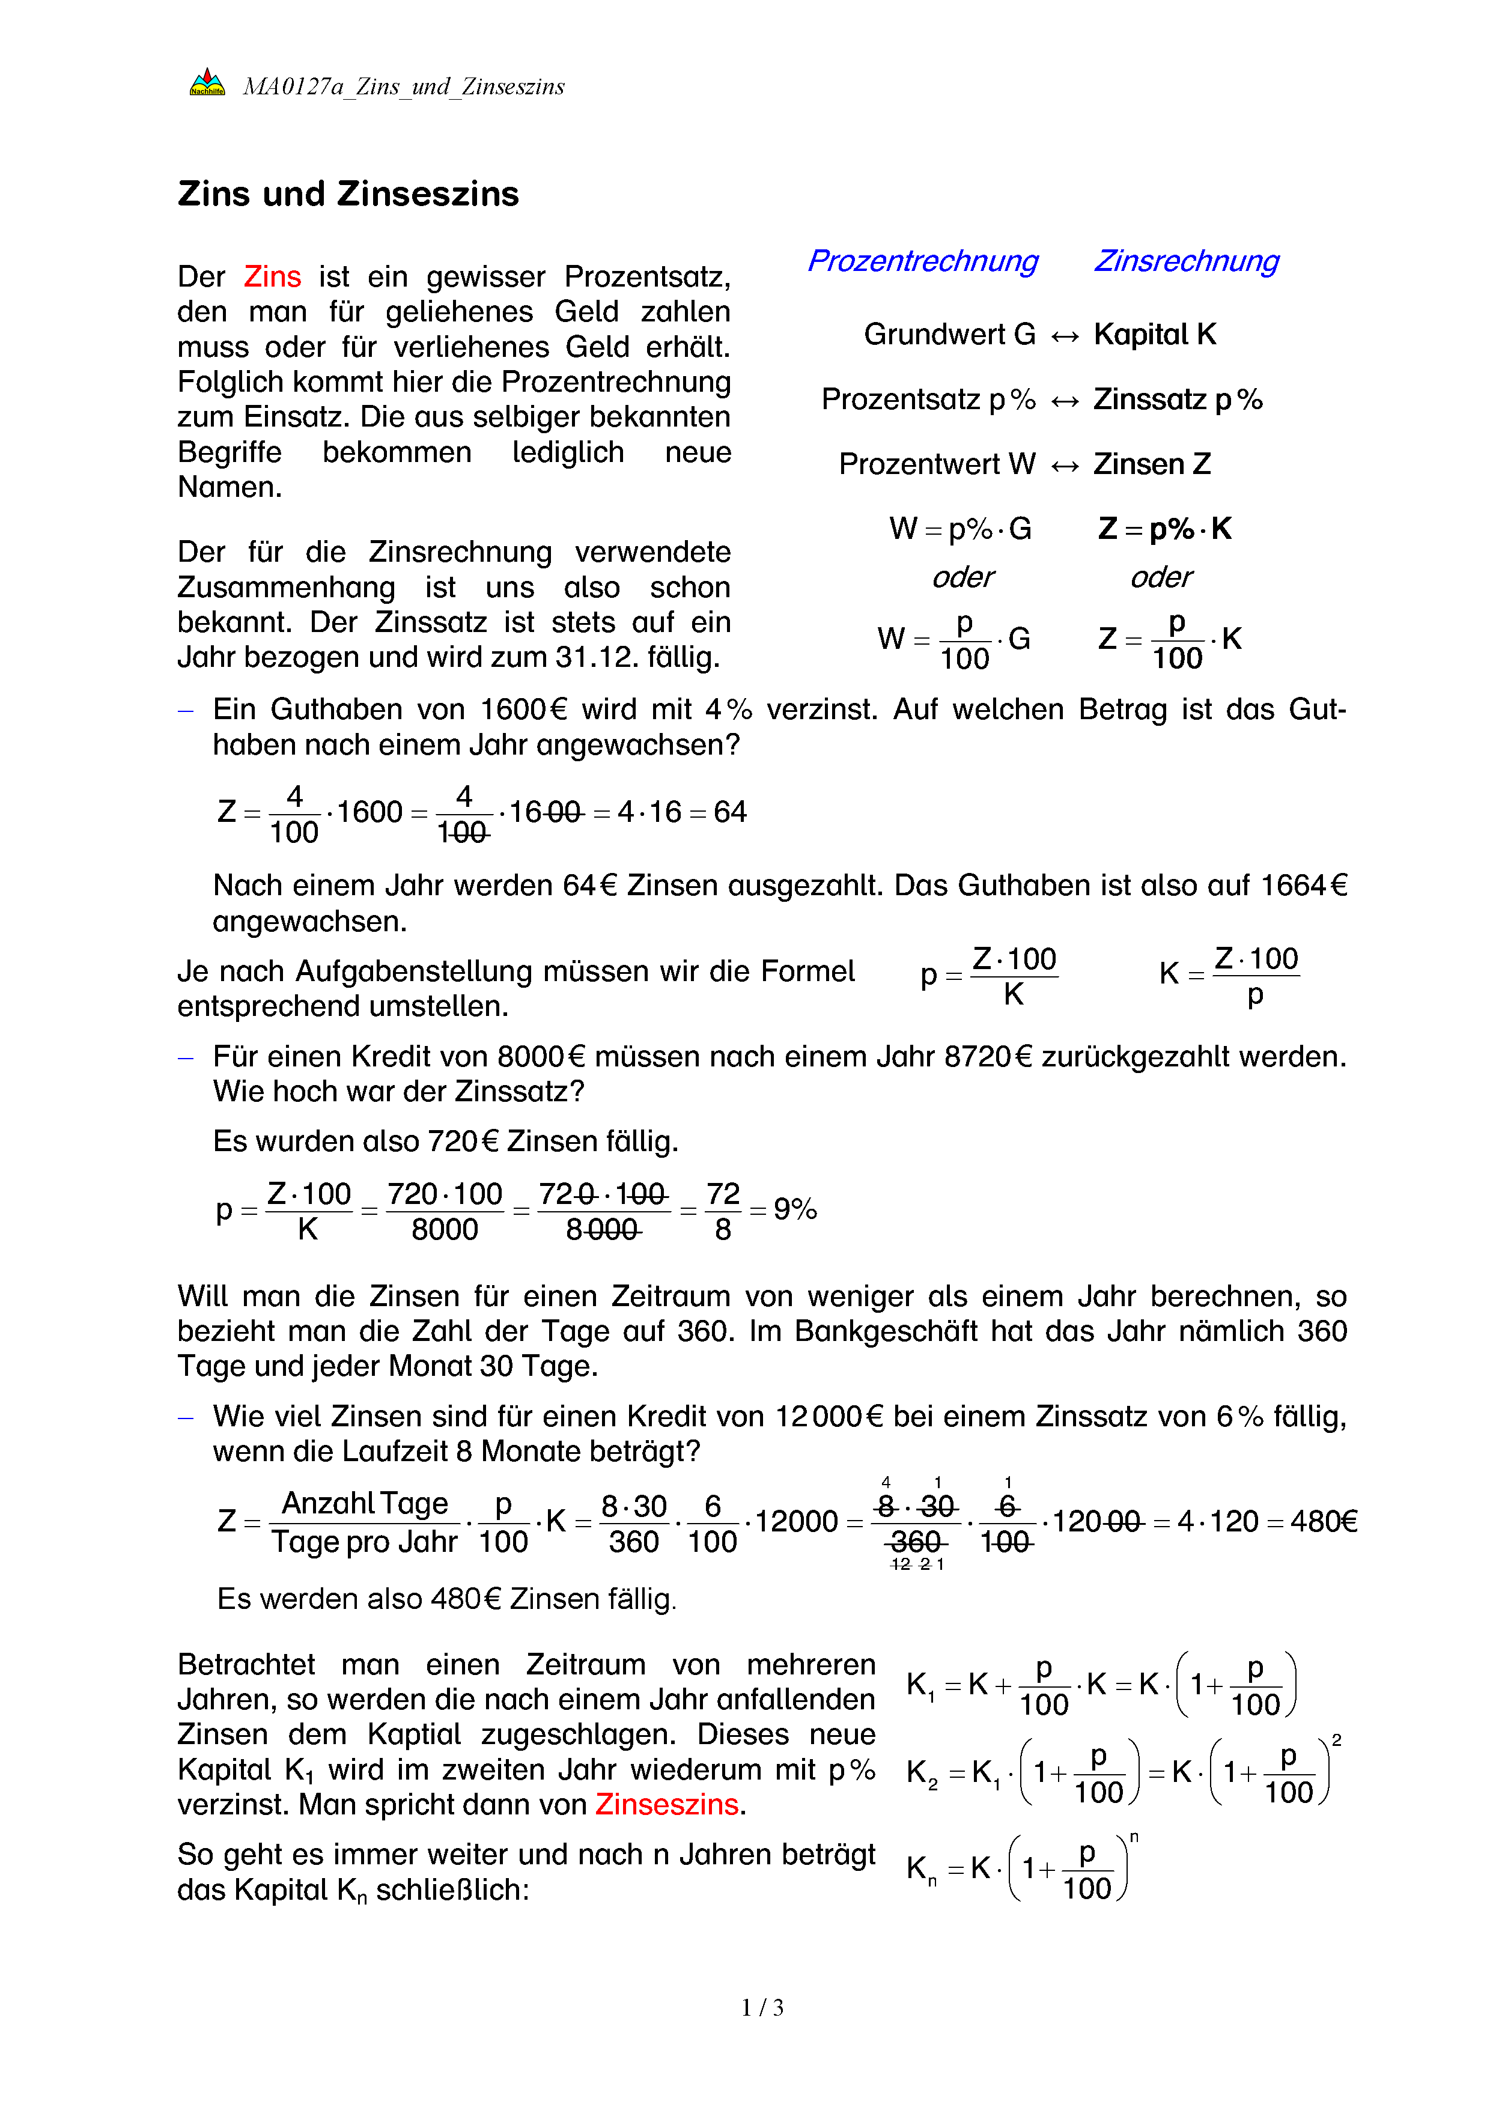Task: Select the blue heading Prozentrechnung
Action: pyautogui.click(x=922, y=261)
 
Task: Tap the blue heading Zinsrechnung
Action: pyautogui.click(x=1187, y=261)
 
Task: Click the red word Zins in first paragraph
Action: pyautogui.click(x=273, y=276)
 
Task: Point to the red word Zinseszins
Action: pyautogui.click(x=667, y=1804)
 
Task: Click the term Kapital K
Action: pyautogui.click(x=1155, y=334)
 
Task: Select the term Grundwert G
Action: pyautogui.click(x=950, y=334)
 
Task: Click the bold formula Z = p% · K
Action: pyautogui.click(x=1165, y=529)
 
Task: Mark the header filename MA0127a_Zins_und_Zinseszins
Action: pyautogui.click(x=404, y=87)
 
